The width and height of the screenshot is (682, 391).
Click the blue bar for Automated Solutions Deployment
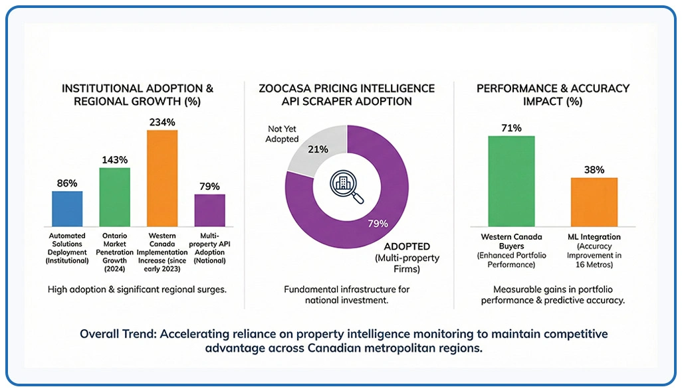[67, 209]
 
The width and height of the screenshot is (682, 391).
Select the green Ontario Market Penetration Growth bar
[114, 197]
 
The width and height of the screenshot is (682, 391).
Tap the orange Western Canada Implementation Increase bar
[162, 178]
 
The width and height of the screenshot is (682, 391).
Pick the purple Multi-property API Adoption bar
[209, 210]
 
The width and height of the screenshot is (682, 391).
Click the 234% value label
[162, 122]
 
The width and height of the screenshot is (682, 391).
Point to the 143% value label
[114, 160]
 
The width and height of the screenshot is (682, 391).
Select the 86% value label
[67, 183]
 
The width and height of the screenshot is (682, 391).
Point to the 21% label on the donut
[317, 149]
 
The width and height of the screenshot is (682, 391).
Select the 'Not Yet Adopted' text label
[283, 133]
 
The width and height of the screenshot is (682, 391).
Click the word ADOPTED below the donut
[409, 246]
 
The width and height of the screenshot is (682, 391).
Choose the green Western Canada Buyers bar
[511, 183]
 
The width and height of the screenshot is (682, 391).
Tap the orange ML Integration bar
[594, 203]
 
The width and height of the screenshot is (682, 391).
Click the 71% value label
[511, 128]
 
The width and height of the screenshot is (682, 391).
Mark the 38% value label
[594, 169]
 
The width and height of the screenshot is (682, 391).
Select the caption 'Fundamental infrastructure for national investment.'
[347, 295]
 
